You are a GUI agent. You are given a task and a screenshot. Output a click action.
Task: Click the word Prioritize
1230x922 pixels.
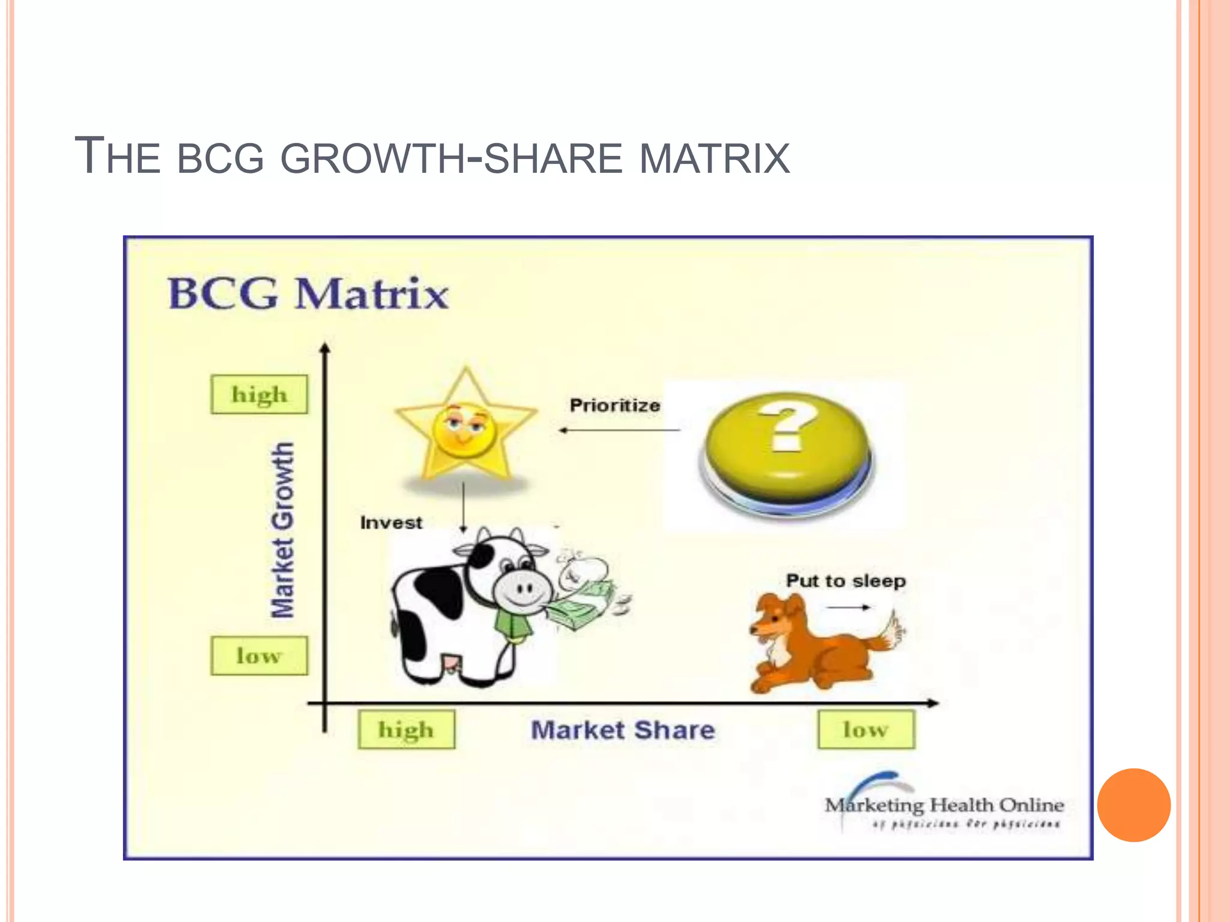pyautogui.click(x=614, y=406)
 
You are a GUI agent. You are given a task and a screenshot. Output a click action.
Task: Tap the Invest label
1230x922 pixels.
pyautogui.click(x=391, y=523)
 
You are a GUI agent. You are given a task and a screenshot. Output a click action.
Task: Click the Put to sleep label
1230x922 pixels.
pyautogui.click(x=846, y=581)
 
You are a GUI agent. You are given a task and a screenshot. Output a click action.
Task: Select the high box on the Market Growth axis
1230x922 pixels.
pyautogui.click(x=259, y=395)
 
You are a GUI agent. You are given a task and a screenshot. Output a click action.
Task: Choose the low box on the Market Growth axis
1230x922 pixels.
pyautogui.click(x=259, y=656)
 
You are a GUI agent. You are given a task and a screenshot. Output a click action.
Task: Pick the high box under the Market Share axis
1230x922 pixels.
pyautogui.click(x=406, y=730)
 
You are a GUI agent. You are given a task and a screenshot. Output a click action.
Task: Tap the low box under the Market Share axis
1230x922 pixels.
pyautogui.click(x=865, y=730)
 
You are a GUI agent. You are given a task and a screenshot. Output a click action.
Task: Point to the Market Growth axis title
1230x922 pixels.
pyautogui.click(x=282, y=531)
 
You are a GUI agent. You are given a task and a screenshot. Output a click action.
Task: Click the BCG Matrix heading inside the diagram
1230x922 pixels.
pyautogui.click(x=308, y=294)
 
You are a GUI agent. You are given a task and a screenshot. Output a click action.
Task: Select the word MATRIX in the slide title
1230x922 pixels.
pyautogui.click(x=714, y=158)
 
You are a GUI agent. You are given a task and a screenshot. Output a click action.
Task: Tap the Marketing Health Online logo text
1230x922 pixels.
pyautogui.click(x=944, y=805)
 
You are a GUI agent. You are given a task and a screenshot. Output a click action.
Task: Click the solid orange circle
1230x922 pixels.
pyautogui.click(x=1133, y=805)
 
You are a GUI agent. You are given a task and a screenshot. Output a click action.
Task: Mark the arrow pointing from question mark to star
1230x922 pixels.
pyautogui.click(x=619, y=430)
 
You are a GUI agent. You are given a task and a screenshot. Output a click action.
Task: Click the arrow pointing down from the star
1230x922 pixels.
pyautogui.click(x=463, y=507)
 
